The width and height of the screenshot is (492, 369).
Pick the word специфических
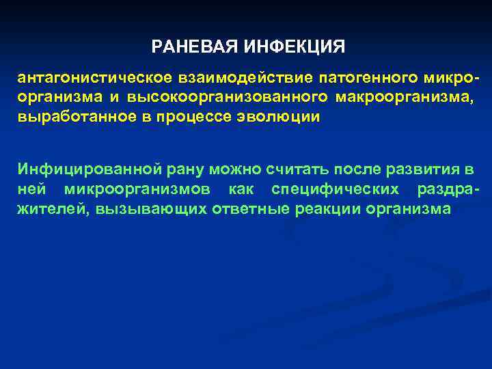click(327, 188)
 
